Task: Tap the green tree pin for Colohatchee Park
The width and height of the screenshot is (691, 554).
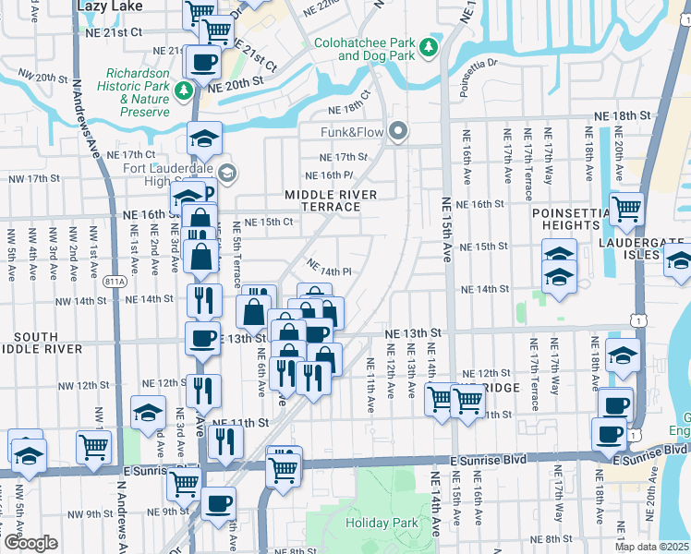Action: point(428,45)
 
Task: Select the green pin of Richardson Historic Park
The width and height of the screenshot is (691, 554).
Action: point(185,90)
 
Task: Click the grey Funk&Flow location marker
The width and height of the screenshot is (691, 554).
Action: point(398,132)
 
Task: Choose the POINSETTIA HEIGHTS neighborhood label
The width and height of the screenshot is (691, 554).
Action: point(565,219)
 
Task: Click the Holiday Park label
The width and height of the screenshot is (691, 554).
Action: point(382,524)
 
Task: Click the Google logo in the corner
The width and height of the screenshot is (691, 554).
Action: point(30,543)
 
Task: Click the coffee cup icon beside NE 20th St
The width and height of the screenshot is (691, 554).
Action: point(204,62)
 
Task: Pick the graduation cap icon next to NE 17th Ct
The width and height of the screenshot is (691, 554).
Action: point(205,138)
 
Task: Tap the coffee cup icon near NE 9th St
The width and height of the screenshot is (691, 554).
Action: point(219,503)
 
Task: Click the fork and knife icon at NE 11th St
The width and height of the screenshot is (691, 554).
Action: point(224,441)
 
